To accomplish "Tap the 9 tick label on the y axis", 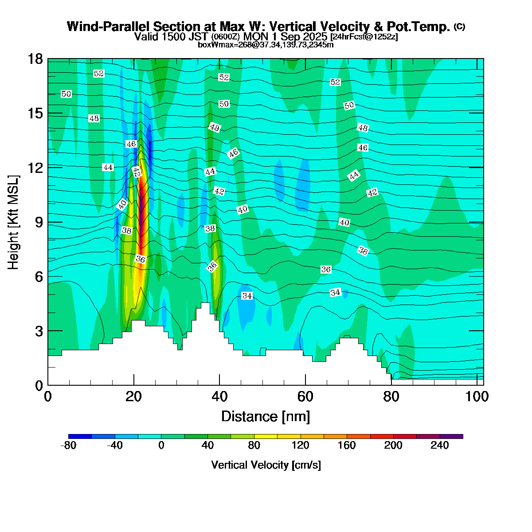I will [x=39, y=223].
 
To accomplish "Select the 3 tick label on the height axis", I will [x=39, y=331].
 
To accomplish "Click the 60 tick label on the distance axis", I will [x=305, y=396].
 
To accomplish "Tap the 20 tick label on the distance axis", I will [x=133, y=396].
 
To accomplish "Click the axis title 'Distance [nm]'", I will [x=265, y=417].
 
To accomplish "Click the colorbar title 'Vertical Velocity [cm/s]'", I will [x=266, y=465].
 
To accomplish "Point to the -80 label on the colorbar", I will [x=68, y=446].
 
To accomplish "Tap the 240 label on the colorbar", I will [x=440, y=446].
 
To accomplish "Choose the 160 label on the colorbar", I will [x=347, y=446].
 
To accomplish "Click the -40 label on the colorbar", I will [x=115, y=446].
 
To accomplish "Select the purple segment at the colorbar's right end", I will [x=451, y=437].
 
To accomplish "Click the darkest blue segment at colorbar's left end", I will [x=80, y=437].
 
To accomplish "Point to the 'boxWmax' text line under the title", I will [x=266, y=44].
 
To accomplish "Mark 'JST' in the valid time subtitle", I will [x=199, y=36].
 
